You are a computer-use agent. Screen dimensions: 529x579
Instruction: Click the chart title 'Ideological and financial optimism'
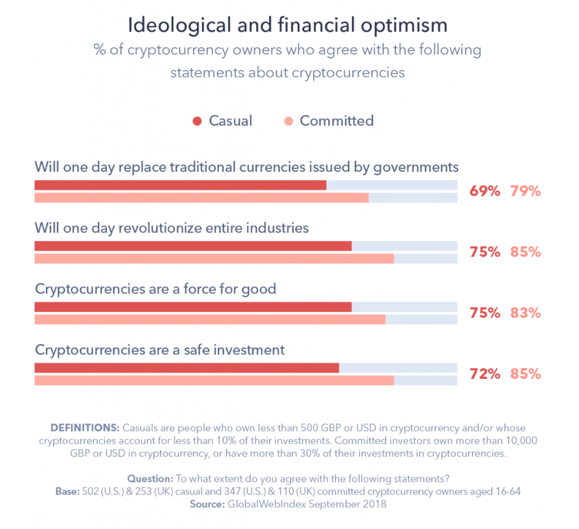point(288,25)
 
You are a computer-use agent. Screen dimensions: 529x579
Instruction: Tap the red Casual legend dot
point(197,121)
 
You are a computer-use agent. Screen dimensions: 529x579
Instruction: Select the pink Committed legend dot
point(288,121)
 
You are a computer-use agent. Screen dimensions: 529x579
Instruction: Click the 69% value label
point(484,191)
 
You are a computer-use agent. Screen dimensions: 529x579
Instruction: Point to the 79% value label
point(525,191)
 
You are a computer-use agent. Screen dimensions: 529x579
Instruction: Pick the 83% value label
point(525,313)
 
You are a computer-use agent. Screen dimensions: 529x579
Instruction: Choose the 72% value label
point(484,374)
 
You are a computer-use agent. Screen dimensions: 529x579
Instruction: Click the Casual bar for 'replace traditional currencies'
point(180,185)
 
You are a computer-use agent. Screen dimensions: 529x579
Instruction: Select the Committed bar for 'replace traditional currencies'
point(201,198)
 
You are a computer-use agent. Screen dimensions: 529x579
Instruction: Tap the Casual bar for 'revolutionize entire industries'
point(193,246)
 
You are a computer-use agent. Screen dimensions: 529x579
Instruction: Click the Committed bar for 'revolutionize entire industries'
point(214,259)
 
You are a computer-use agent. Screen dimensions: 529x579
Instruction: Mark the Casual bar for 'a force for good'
point(193,307)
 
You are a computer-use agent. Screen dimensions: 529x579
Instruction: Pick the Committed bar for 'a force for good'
point(210,319)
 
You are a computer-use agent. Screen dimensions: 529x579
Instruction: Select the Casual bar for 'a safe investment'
point(187,368)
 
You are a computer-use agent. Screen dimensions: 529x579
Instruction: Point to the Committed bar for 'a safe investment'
point(214,380)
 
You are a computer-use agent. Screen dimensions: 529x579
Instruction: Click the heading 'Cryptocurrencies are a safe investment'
point(160,350)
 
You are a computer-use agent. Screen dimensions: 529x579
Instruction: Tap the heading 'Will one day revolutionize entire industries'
point(172,228)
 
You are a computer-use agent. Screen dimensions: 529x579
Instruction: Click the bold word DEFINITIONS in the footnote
point(85,428)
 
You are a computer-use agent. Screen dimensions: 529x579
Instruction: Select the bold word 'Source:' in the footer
point(207,504)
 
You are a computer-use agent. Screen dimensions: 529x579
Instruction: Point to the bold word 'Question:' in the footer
point(150,479)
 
